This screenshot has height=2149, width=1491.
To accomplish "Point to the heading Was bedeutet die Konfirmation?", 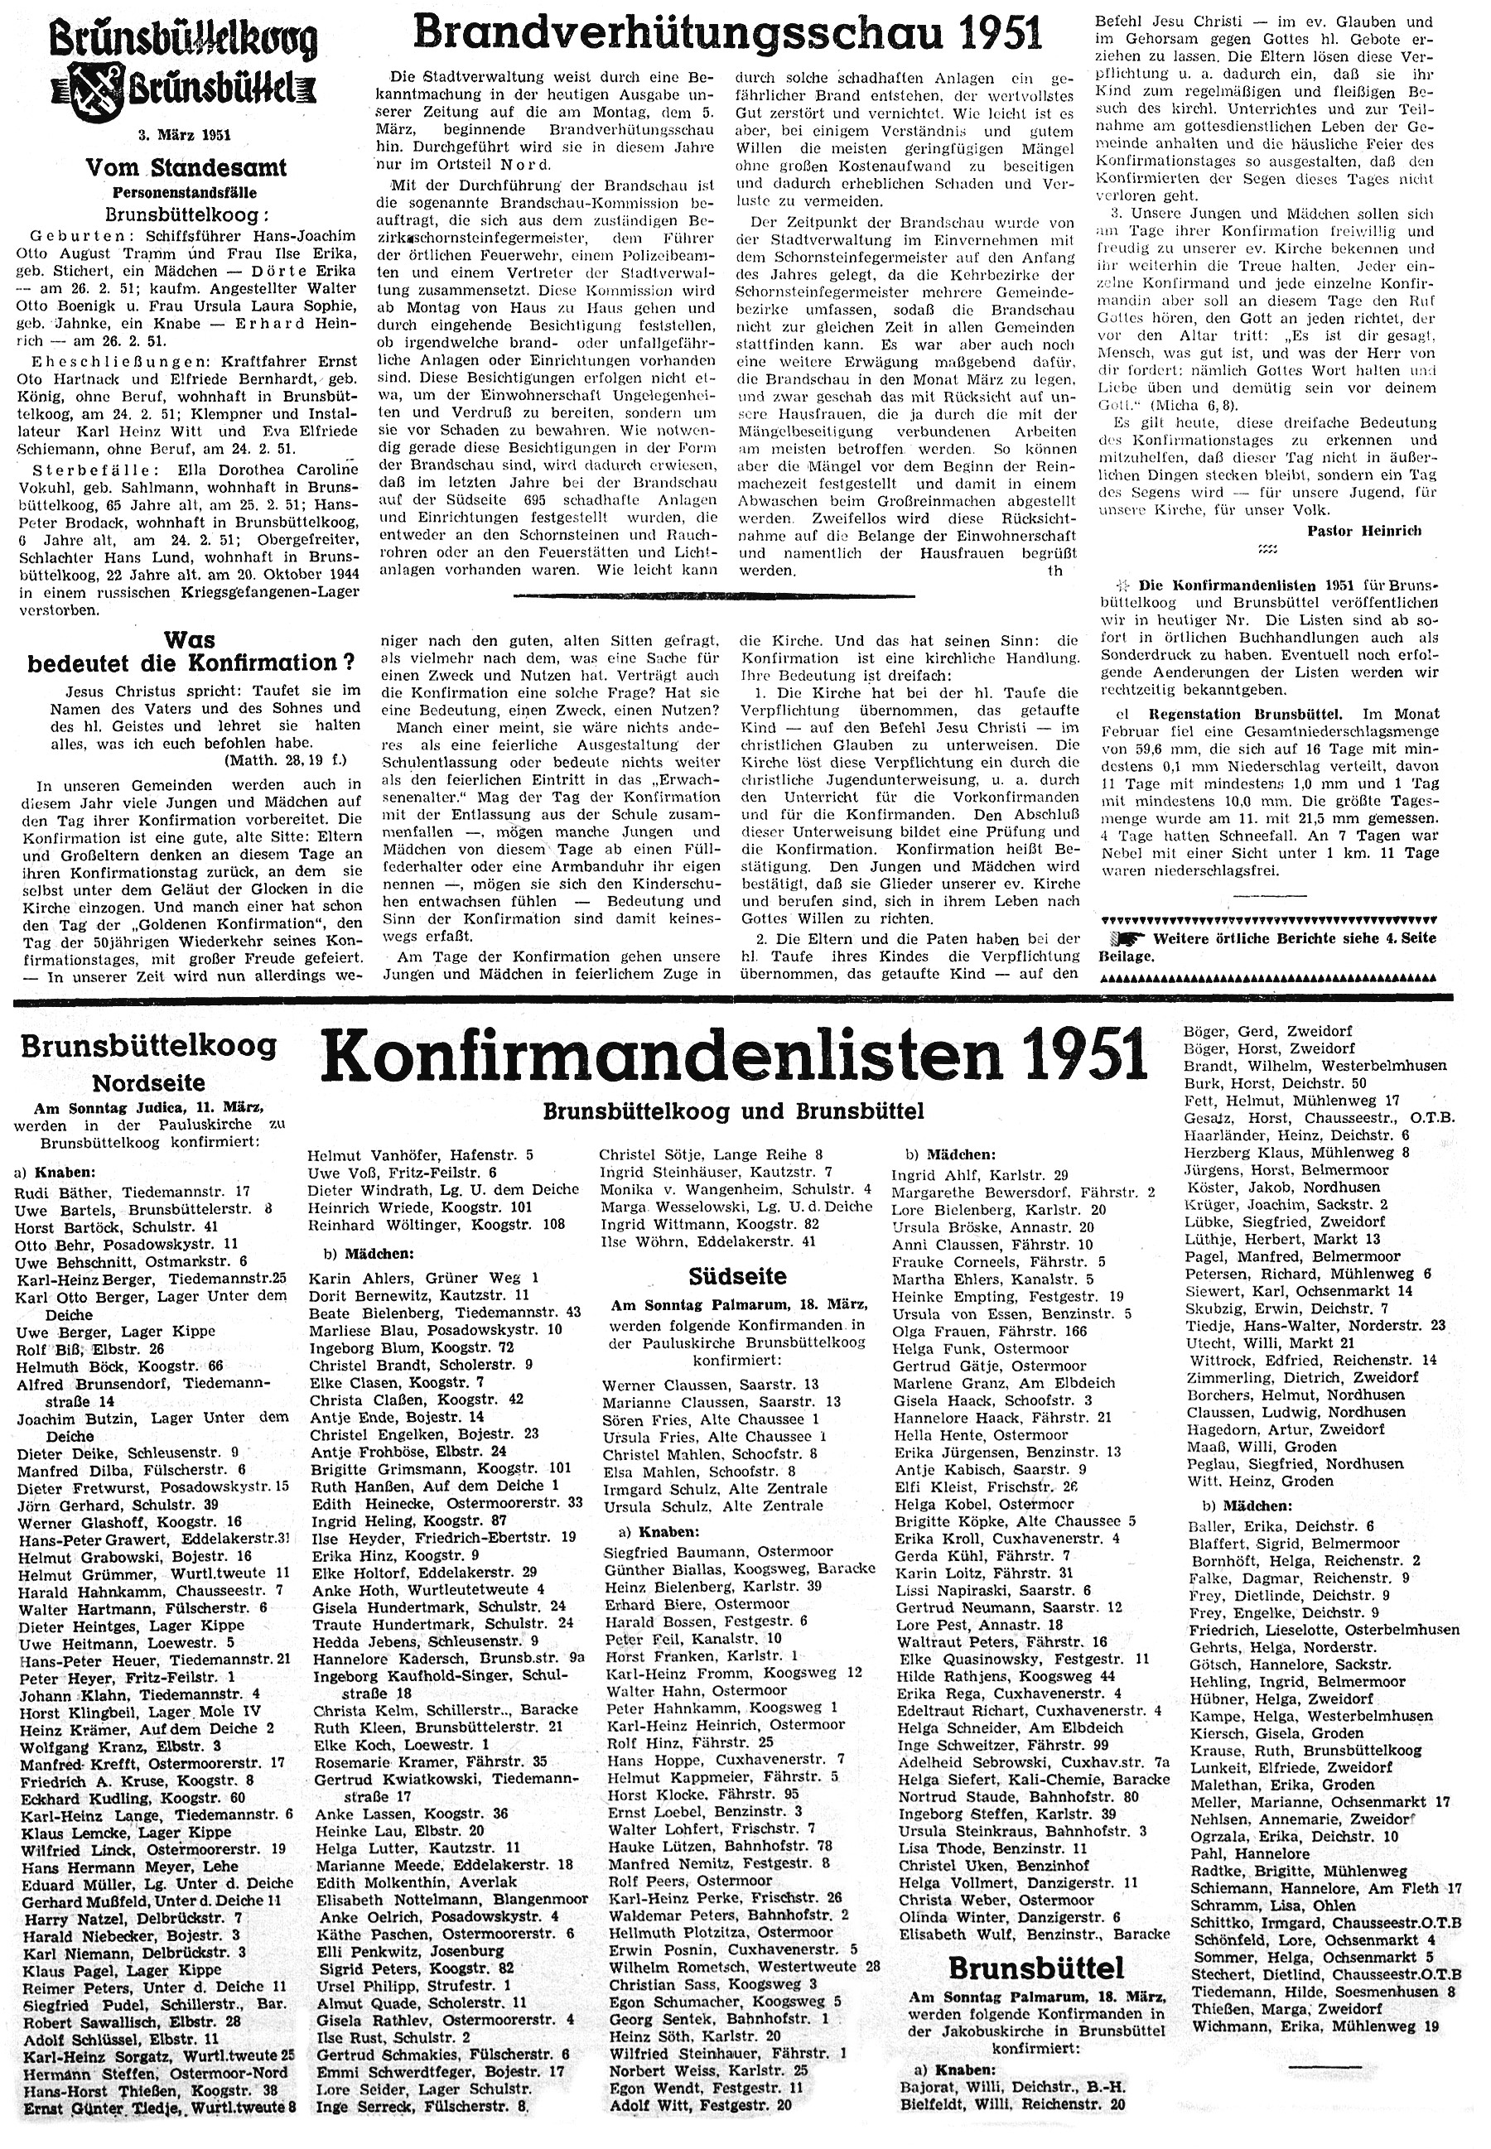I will [191, 652].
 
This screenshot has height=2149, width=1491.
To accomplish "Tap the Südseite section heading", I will [736, 1276].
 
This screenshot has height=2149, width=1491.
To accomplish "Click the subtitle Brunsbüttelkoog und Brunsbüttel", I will [733, 1112].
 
